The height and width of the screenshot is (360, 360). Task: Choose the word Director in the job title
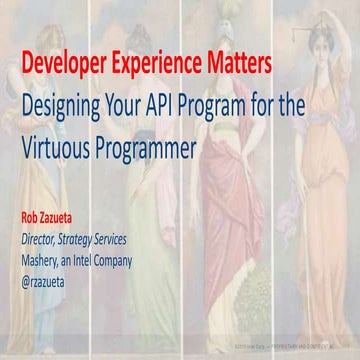point(43,238)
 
